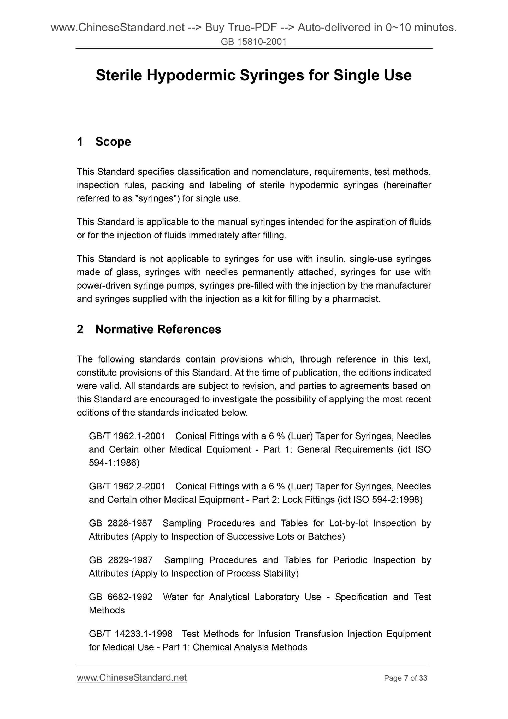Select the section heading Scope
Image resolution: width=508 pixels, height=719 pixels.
click(x=113, y=142)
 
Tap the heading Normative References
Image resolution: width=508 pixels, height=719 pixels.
click(x=158, y=329)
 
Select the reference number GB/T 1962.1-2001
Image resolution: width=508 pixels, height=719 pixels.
click(x=127, y=436)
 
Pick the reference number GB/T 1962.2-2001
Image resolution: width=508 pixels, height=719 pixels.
click(x=127, y=486)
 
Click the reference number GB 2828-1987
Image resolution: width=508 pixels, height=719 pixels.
click(x=121, y=523)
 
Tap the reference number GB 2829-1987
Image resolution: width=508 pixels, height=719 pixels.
click(x=121, y=560)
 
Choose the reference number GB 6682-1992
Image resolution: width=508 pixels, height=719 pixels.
click(x=121, y=597)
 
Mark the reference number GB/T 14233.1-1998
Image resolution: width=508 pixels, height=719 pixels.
click(x=131, y=634)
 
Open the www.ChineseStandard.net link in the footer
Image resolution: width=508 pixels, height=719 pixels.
click(x=132, y=678)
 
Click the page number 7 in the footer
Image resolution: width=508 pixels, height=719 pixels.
click(x=406, y=678)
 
